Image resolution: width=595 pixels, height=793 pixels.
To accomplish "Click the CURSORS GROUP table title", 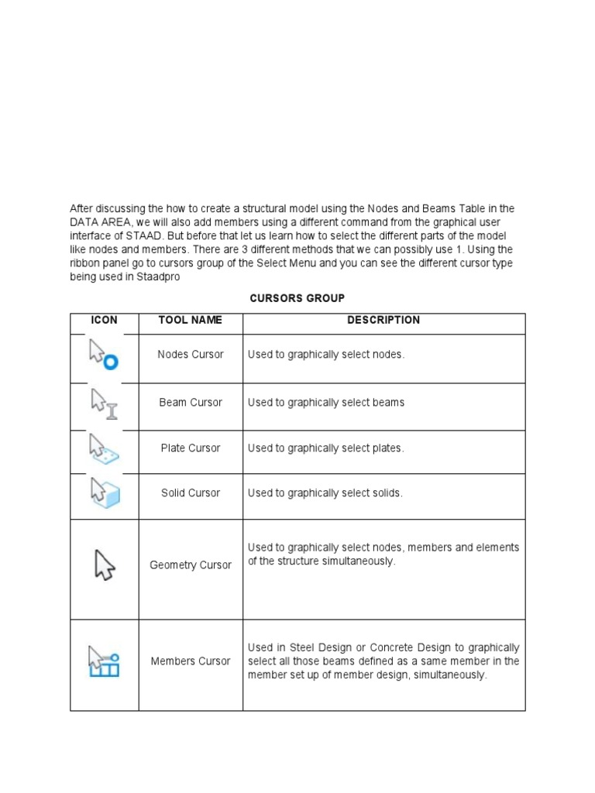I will pyautogui.click(x=297, y=298).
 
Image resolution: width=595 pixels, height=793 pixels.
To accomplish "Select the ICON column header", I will pyautogui.click(x=104, y=320).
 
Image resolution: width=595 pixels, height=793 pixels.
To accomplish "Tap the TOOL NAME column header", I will pyautogui.click(x=190, y=320).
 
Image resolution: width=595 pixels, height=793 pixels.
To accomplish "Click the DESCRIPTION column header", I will pyautogui.click(x=383, y=320).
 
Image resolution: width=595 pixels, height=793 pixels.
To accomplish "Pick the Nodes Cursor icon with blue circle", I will pyautogui.click(x=103, y=355).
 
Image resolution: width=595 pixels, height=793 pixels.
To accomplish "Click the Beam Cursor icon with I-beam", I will pyautogui.click(x=104, y=403).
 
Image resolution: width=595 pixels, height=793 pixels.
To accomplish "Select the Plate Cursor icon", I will pyautogui.click(x=104, y=448).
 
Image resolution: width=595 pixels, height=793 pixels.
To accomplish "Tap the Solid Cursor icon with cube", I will pyautogui.click(x=104, y=493).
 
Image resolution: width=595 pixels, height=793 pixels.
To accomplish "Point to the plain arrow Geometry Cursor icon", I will pyautogui.click(x=104, y=565).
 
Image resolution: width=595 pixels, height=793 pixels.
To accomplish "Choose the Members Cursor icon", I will pyautogui.click(x=104, y=661).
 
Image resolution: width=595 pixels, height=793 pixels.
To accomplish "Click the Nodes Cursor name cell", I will pyautogui.click(x=190, y=355).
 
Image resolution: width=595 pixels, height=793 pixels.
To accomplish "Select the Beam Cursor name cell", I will pyautogui.click(x=190, y=403).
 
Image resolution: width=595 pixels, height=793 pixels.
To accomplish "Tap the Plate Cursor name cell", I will pyautogui.click(x=190, y=448).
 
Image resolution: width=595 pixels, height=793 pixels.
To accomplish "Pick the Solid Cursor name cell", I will pyautogui.click(x=190, y=493).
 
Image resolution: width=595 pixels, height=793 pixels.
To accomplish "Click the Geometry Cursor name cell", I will pyautogui.click(x=190, y=565).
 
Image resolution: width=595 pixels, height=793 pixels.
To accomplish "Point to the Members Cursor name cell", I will pyautogui.click(x=190, y=661).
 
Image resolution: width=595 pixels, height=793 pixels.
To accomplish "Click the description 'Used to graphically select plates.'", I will pyautogui.click(x=325, y=448).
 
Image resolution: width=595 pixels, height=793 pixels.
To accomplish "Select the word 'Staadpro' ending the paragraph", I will pyautogui.click(x=160, y=277).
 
